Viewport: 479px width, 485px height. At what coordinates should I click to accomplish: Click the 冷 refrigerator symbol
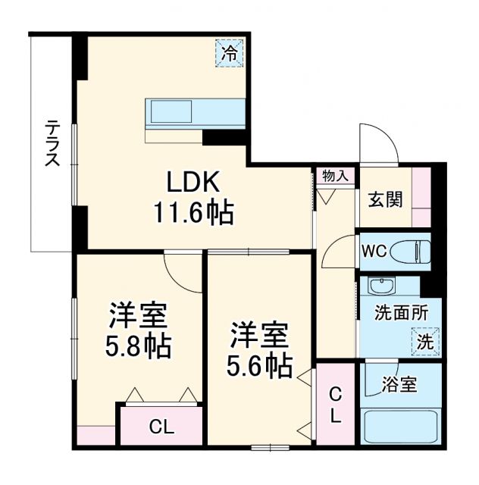(x=229, y=54)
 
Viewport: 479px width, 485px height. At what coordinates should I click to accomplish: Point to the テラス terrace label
(x=52, y=144)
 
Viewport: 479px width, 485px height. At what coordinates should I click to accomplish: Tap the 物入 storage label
(x=335, y=176)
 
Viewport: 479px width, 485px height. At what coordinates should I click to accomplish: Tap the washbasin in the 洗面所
(x=380, y=286)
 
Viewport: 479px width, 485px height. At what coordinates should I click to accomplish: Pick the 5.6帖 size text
(x=260, y=366)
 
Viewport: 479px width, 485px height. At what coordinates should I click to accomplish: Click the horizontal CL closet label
(x=160, y=427)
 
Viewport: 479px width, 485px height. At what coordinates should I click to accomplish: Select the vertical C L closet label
(x=335, y=405)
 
